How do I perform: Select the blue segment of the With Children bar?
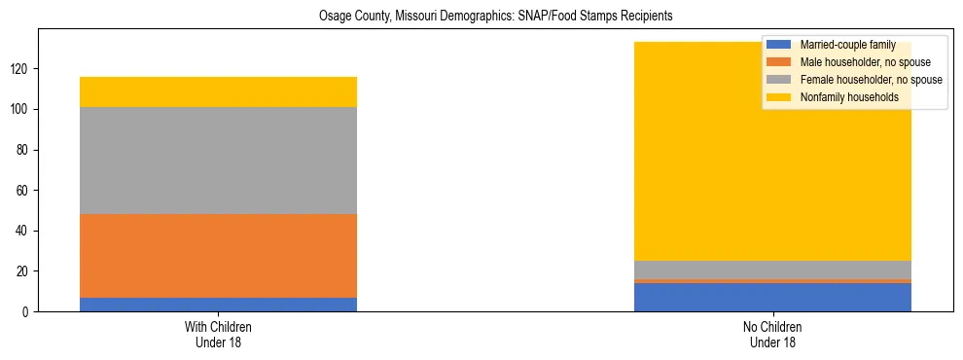218,305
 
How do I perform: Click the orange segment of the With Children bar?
218,256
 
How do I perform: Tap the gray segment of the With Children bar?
218,161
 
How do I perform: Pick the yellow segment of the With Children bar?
218,91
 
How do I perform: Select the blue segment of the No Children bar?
772,297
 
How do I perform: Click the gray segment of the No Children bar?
772,270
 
